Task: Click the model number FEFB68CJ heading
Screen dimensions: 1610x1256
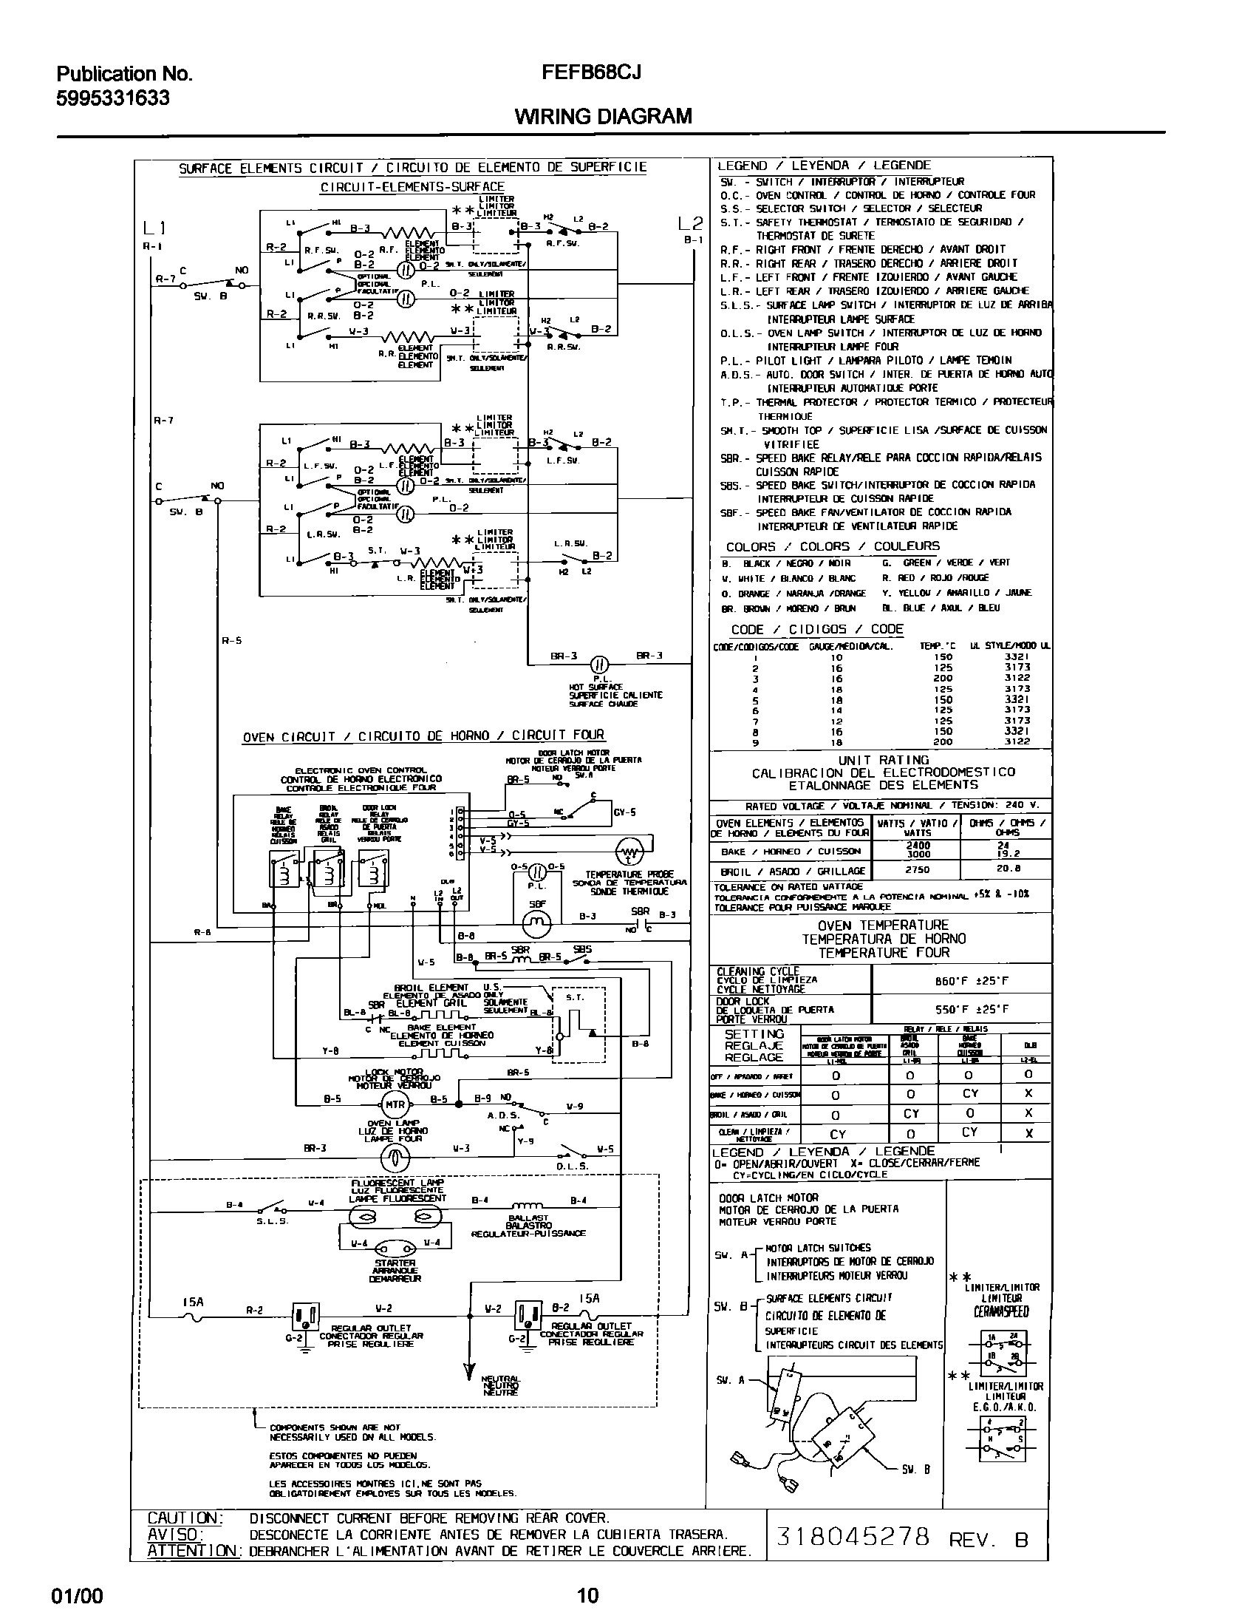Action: pyautogui.click(x=591, y=72)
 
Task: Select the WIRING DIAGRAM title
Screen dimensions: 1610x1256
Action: pyautogui.click(x=603, y=116)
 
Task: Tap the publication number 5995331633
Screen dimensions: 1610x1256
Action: pyautogui.click(x=113, y=98)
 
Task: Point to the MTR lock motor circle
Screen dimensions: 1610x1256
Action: pyautogui.click(x=395, y=1104)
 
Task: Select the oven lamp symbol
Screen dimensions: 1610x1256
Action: pyautogui.click(x=395, y=1159)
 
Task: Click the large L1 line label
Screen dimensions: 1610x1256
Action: pyautogui.click(x=154, y=228)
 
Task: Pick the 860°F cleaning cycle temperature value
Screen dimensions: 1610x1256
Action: pyautogui.click(x=961, y=982)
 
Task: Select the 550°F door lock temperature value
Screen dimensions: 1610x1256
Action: pyautogui.click(x=961, y=1009)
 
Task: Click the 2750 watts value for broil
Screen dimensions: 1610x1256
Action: pyautogui.click(x=917, y=870)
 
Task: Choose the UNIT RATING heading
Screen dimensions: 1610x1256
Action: pyautogui.click(x=883, y=760)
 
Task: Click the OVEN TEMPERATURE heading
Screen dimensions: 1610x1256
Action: pyautogui.click(x=883, y=925)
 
